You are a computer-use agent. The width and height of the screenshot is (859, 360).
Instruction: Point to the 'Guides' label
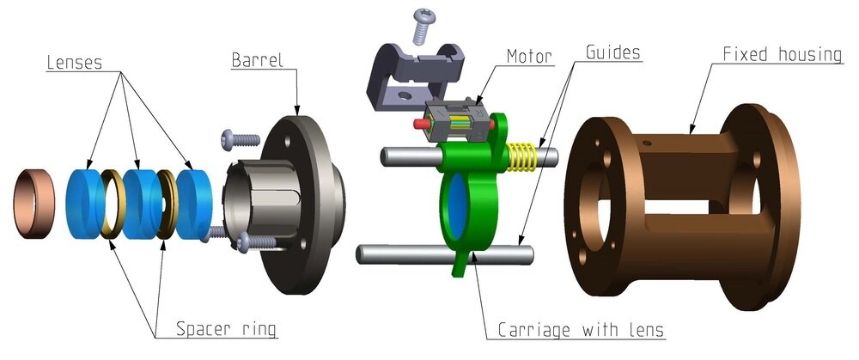(x=612, y=52)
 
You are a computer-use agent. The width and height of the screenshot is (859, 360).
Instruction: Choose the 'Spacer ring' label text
(x=226, y=328)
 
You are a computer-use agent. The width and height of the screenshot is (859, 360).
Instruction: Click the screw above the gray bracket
(x=423, y=24)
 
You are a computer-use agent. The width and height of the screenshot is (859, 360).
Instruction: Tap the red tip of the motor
(x=420, y=122)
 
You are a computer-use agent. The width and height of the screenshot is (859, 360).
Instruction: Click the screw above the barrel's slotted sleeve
(x=240, y=137)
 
